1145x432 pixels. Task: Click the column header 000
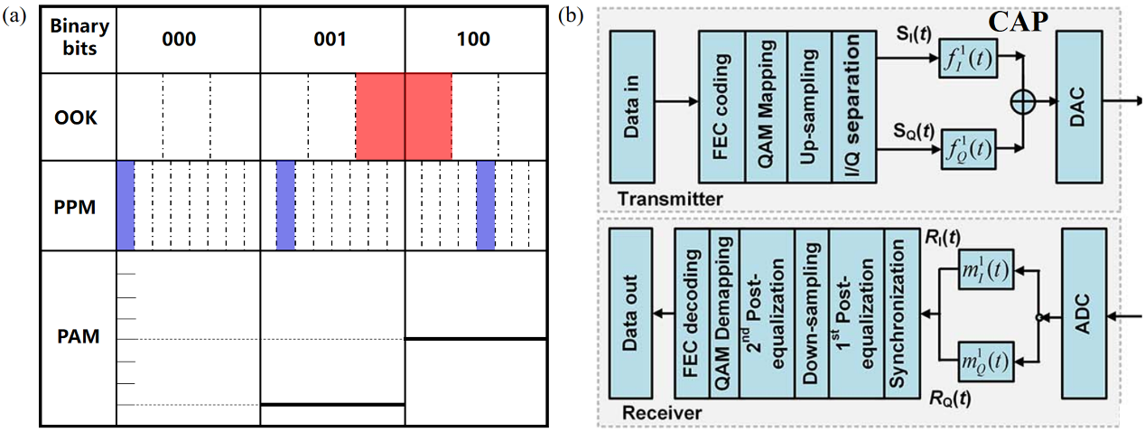[x=188, y=40]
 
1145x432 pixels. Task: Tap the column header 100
[x=474, y=40]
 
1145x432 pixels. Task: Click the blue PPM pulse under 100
[x=485, y=206]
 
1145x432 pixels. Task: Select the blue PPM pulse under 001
[x=285, y=206]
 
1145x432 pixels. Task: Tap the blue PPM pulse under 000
[x=126, y=206]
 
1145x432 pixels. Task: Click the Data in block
[x=631, y=105]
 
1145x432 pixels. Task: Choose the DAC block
[x=1074, y=105]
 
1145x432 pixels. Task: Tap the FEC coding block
[x=721, y=105]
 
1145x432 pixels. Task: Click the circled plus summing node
[x=1021, y=104]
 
